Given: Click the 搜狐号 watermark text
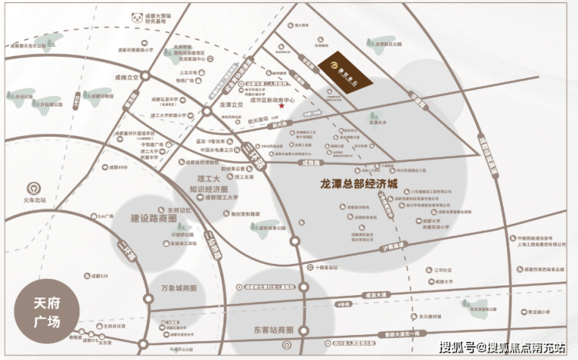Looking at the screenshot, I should point(456,348).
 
